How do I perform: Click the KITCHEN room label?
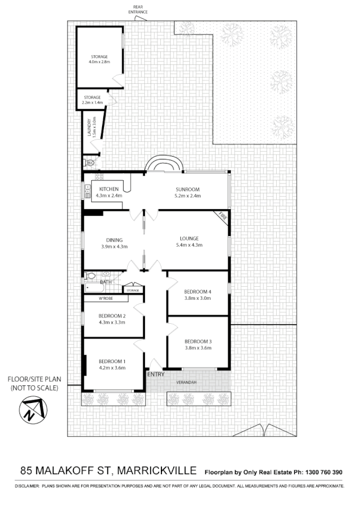[109, 189]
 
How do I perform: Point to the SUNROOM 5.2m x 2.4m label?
[186, 193]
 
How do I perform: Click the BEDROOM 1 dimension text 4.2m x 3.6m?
[112, 368]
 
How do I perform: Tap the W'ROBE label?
[106, 298]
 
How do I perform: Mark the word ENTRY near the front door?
[156, 374]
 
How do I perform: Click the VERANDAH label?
[187, 382]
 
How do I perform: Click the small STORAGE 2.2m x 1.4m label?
[92, 100]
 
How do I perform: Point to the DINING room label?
[114, 240]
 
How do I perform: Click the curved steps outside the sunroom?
[164, 164]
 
